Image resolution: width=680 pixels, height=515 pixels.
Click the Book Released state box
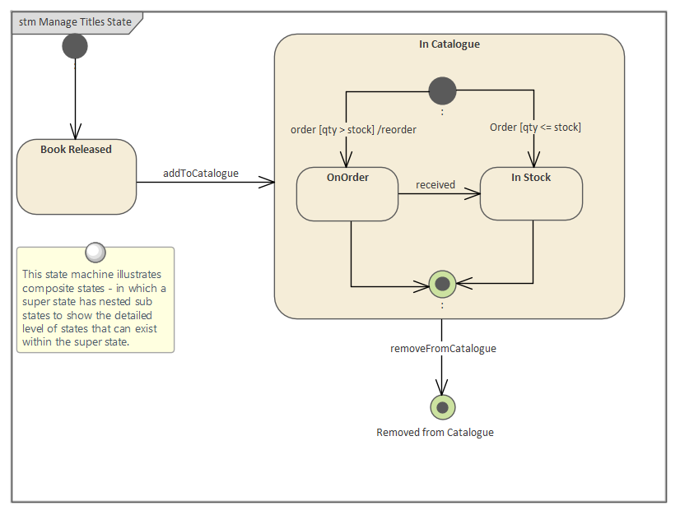tap(76, 177)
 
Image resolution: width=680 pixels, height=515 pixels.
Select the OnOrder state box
tap(347, 195)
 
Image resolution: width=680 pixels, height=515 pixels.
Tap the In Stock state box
tap(531, 194)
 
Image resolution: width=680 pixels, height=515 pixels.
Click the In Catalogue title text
tap(449, 44)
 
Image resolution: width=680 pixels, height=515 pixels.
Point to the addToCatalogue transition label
tap(200, 173)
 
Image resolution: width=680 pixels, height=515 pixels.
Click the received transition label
tap(435, 185)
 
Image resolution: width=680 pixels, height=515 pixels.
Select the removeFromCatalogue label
tap(443, 349)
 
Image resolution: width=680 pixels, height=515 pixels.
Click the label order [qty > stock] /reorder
tap(353, 130)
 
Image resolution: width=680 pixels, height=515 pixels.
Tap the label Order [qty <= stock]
tap(535, 128)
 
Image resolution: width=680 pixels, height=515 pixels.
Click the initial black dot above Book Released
tap(75, 47)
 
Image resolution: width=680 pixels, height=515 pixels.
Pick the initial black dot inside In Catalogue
tap(442, 90)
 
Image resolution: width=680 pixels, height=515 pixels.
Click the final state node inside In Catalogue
tap(442, 285)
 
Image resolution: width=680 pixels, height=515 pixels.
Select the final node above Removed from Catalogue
tap(442, 407)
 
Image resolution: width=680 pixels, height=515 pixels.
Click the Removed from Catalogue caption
tap(435, 433)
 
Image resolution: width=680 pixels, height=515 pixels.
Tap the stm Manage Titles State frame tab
tap(75, 22)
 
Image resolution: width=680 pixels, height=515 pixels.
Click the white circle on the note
tap(95, 252)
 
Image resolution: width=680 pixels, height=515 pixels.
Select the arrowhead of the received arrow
tap(473, 194)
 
